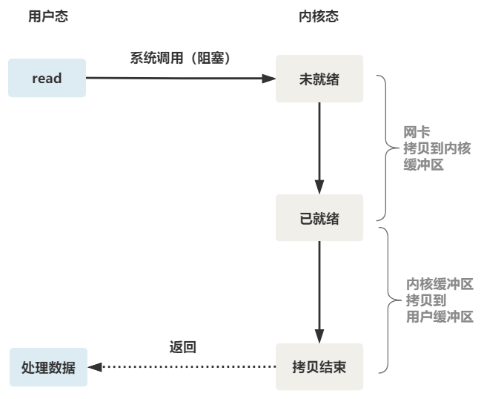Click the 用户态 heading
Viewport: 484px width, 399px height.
[x=47, y=16]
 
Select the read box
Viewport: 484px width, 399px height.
[x=47, y=78]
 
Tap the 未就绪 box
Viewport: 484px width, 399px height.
[x=319, y=79]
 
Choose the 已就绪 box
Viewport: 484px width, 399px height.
[x=319, y=218]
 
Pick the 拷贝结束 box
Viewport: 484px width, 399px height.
[x=319, y=366]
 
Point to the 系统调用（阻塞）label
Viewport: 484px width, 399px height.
[x=180, y=58]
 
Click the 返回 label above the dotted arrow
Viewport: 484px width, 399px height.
[x=183, y=346]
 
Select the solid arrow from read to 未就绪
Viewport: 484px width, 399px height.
[x=178, y=77]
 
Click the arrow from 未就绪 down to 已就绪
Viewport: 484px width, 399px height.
[x=319, y=148]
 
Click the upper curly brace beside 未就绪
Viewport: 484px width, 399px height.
[x=384, y=147]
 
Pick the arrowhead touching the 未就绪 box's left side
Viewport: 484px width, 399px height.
[x=270, y=77]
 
